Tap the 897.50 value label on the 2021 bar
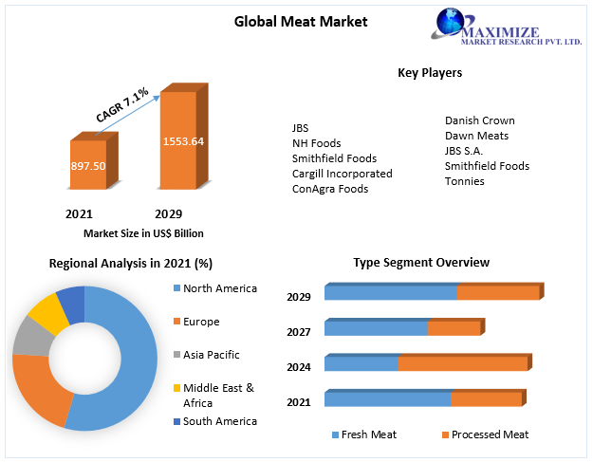click(87, 166)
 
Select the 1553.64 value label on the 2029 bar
click(183, 141)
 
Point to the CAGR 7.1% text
click(121, 104)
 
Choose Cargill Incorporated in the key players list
click(342, 174)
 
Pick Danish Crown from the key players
click(479, 120)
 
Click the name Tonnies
click(464, 181)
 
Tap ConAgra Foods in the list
click(329, 189)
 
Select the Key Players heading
click(430, 72)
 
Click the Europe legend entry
click(200, 322)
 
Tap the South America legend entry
click(219, 421)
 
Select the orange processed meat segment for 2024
click(462, 363)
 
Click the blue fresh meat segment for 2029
click(390, 293)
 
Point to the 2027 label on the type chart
click(299, 332)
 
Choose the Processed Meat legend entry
click(490, 434)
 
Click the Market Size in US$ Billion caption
click(143, 233)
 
